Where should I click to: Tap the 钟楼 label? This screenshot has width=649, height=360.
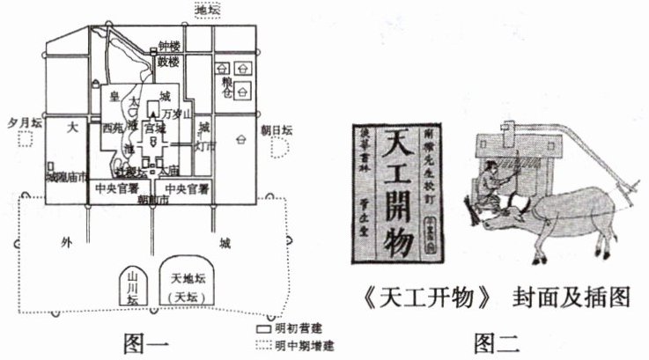click(169, 47)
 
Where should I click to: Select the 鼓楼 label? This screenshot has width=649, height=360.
click(169, 62)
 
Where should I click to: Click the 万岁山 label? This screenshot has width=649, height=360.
click(176, 114)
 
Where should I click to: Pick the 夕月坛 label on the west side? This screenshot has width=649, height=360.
click(25, 124)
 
